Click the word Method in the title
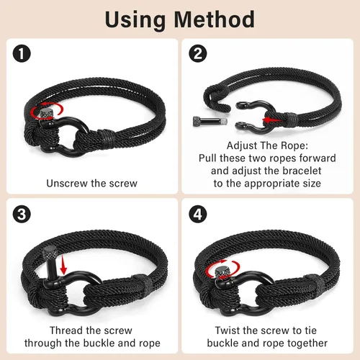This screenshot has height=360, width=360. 214,19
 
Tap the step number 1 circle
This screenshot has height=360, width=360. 22,53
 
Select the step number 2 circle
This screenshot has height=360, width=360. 198,53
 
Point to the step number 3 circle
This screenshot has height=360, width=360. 22,214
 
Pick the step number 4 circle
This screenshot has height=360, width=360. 198,214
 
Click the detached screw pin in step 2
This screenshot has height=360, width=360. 210,121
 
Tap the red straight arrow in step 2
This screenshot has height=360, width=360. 271,120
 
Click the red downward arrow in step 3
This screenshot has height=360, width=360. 63,265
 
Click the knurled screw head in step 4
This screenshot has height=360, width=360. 222,273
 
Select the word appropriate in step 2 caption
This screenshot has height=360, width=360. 272,184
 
